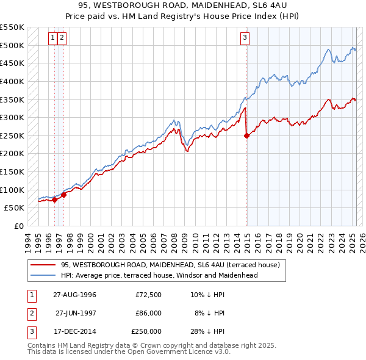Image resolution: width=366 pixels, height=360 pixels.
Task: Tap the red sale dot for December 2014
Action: (x=246, y=136)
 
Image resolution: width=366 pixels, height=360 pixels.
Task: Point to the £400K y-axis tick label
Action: (x=12, y=81)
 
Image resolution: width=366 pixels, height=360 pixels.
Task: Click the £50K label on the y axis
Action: (x=14, y=208)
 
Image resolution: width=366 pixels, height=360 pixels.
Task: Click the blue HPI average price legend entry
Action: (x=159, y=275)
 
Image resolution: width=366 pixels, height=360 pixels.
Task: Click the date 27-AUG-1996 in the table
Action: (x=74, y=295)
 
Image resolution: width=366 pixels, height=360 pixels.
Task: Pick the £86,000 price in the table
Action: (x=148, y=313)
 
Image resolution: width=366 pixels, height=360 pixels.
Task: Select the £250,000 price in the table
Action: (x=146, y=331)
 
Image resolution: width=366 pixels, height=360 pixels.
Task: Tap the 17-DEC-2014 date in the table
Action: (x=74, y=331)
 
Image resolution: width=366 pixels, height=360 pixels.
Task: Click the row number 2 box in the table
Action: (x=30, y=313)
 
